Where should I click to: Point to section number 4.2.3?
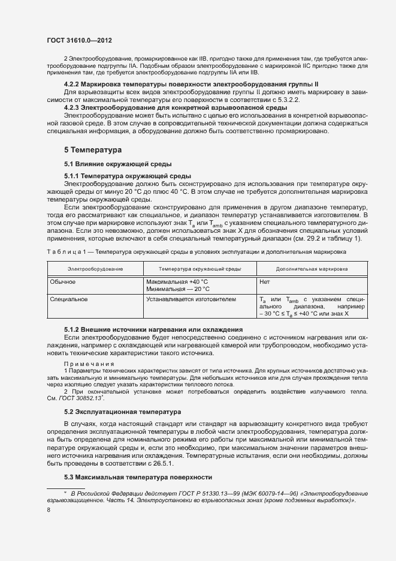coord(71,107)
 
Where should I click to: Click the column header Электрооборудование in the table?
coord(95,269)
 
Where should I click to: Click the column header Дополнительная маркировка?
coord(312,269)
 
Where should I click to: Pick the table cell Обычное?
coord(63,281)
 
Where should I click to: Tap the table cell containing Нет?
coord(265,281)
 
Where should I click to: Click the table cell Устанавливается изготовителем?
coord(191,299)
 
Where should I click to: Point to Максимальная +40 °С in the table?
coord(177,281)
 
